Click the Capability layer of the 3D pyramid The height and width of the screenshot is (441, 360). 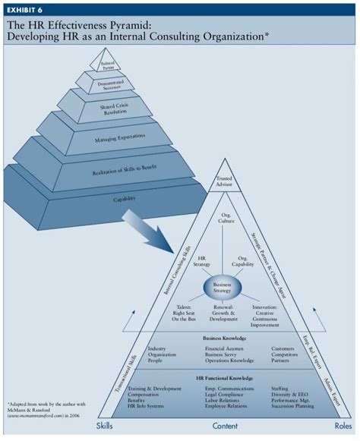tap(125, 199)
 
